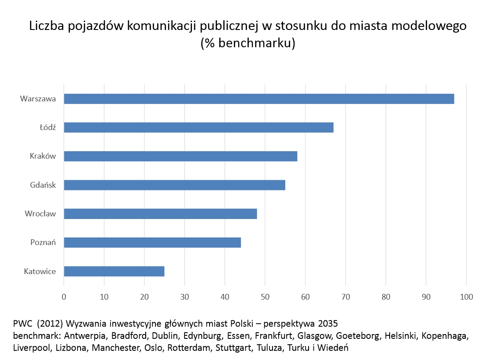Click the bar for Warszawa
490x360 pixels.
[x=259, y=99]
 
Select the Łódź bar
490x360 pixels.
[x=199, y=127]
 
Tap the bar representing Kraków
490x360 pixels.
[x=181, y=156]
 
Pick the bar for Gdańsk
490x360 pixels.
[x=174, y=185]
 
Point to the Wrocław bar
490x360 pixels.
[x=160, y=214]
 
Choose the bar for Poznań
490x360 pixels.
[x=152, y=242]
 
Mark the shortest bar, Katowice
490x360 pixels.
[x=114, y=271]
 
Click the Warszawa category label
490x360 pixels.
[x=38, y=99]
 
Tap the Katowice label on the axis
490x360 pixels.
[x=40, y=271]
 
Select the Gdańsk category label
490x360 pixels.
[x=43, y=185]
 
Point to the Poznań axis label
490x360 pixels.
[x=43, y=242]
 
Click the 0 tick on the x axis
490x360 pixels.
[x=64, y=297]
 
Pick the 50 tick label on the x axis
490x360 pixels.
[x=265, y=297]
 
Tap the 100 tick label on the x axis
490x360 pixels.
[x=466, y=297]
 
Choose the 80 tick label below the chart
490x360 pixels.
[x=386, y=297]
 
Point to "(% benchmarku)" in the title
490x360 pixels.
[x=247, y=44]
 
